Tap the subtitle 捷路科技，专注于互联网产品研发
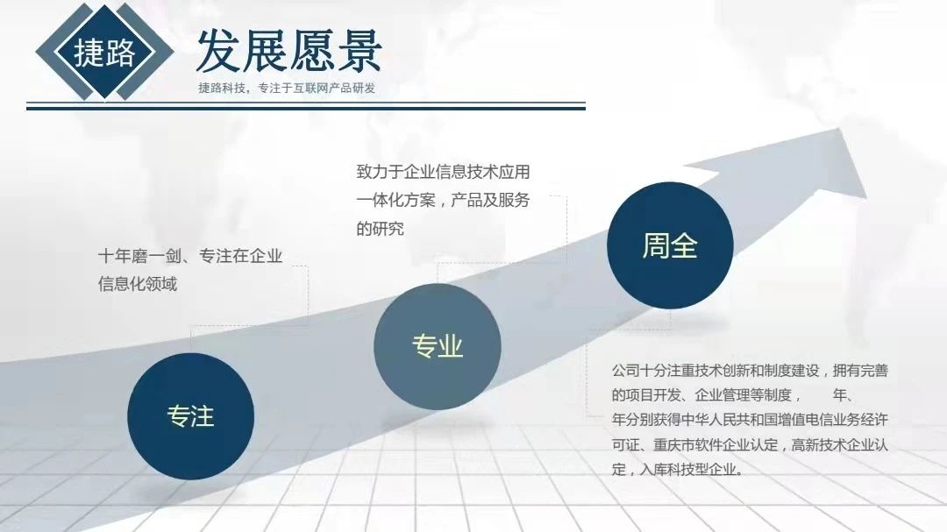287,88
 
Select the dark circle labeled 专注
190,415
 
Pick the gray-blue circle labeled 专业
437,346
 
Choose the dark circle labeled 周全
670,246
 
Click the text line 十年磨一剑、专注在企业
190,256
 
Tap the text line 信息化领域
138,284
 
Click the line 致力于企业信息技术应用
443,172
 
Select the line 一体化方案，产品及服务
443,201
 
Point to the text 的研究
381,229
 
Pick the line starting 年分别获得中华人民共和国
750,420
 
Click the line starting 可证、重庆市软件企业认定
750,444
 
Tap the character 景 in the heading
358,50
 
